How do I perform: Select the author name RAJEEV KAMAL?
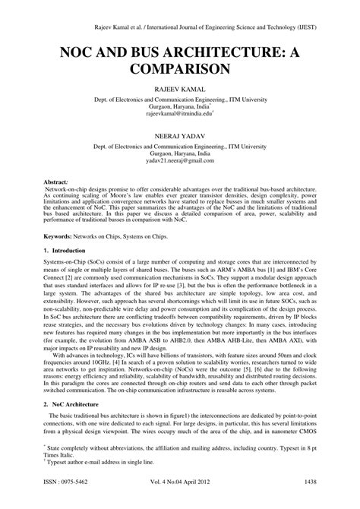180,89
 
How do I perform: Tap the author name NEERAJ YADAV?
180,134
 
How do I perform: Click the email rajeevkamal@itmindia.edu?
179,115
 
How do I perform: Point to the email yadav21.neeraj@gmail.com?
180,160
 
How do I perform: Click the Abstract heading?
55,184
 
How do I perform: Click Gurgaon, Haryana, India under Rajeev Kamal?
179,107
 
